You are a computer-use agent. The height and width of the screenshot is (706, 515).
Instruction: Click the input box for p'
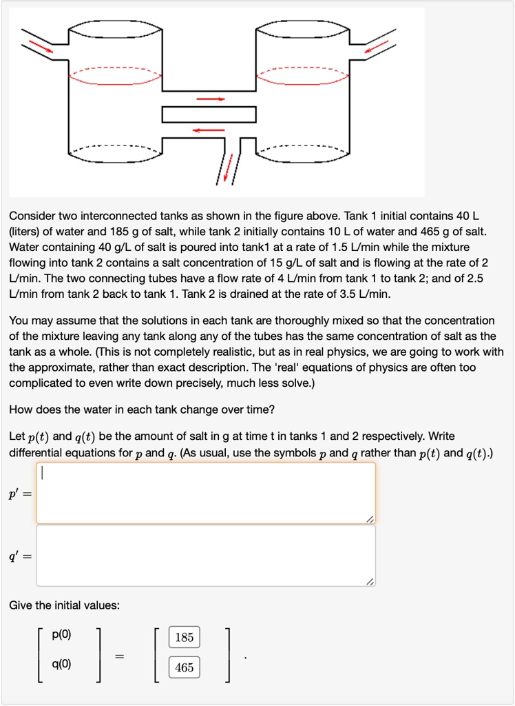[x=205, y=493]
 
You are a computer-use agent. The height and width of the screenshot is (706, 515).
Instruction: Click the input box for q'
[x=205, y=556]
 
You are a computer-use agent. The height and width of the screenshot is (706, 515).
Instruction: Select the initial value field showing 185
[x=184, y=637]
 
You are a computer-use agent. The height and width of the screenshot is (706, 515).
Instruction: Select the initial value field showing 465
[x=184, y=667]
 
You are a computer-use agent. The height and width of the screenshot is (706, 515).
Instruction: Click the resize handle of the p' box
[x=370, y=518]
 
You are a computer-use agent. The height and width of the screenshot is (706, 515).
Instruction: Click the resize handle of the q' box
[x=370, y=582]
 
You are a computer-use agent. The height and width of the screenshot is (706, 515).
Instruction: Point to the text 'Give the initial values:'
[x=64, y=605]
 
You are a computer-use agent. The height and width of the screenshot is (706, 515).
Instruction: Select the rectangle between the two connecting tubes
[x=209, y=114]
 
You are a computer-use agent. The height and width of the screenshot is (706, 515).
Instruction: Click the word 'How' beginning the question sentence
[x=20, y=410]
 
